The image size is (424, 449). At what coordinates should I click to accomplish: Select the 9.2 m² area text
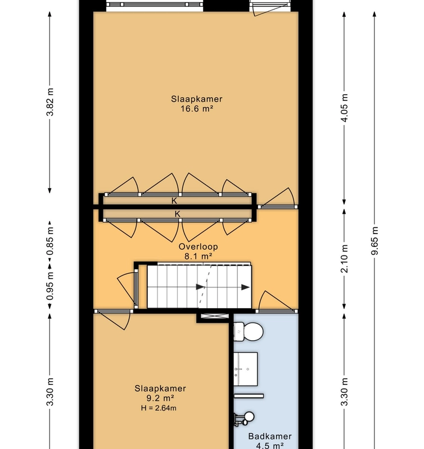[x=160, y=398]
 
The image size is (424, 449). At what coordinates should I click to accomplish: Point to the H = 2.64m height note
[x=160, y=408]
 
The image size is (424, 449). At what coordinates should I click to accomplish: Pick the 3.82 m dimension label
[x=50, y=102]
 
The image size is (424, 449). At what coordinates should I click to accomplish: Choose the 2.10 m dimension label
[x=344, y=258]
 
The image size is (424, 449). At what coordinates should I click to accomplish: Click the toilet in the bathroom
[x=247, y=332]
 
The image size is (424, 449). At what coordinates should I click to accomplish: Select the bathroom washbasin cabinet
[x=246, y=369]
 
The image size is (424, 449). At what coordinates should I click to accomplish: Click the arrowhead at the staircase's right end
[x=246, y=287]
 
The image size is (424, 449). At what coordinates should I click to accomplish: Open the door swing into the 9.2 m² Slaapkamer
[x=114, y=320]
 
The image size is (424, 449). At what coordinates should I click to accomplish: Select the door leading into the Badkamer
[x=276, y=302]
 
